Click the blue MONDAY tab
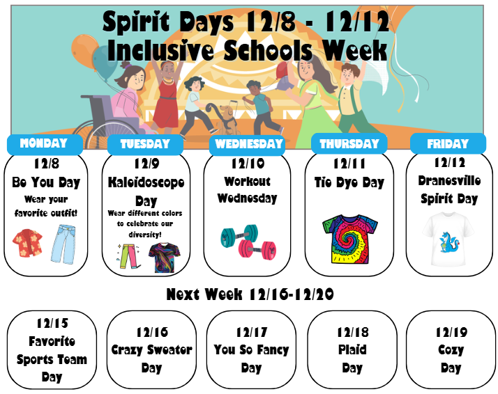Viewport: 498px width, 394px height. tap(44, 144)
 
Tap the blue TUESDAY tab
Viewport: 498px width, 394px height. tap(145, 144)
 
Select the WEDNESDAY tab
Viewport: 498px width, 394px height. tap(248, 144)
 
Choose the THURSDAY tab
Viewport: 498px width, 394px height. tap(349, 144)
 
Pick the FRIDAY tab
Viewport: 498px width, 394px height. tap(448, 144)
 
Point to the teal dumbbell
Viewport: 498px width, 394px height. tap(237, 237)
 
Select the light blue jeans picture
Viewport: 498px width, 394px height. tap(63, 244)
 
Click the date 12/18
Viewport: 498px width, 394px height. tap(353, 332)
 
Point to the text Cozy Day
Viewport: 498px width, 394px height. tap(451, 358)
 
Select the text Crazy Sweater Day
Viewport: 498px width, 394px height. tap(151, 358)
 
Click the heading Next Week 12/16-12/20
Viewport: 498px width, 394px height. tap(249, 294)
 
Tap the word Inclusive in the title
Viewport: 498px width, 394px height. tap(162, 50)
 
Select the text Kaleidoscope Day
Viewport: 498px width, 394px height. tap(146, 191)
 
